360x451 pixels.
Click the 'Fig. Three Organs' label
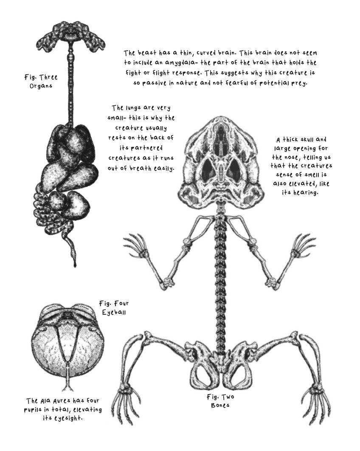[x=41, y=81]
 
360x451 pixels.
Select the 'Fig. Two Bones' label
[x=220, y=400]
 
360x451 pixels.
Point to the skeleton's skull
[x=222, y=162]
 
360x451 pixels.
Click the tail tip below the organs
[x=75, y=262]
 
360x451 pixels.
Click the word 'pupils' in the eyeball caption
[x=35, y=410]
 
